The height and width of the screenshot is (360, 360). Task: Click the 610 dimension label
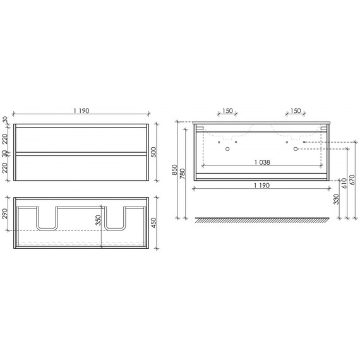point(343,183)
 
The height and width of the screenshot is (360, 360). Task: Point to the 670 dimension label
point(351,183)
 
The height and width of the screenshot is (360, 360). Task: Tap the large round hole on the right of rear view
point(294,150)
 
